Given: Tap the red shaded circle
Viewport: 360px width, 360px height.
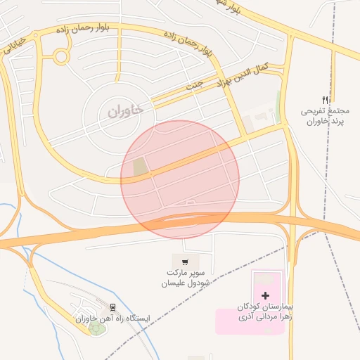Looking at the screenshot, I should pyautogui.click(x=180, y=179).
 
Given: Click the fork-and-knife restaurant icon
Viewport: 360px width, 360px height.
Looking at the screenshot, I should pyautogui.click(x=324, y=101).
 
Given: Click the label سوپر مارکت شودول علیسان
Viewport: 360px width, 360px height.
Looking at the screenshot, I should pyautogui.click(x=186, y=277).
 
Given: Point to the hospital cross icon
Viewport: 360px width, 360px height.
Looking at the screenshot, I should pyautogui.click(x=265, y=296).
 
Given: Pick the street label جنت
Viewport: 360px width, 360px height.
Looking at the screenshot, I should pyautogui.click(x=194, y=86).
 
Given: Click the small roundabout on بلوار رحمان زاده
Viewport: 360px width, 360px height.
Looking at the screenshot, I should pyautogui.click(x=61, y=56).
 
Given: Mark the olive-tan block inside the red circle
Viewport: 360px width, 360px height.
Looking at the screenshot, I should pyautogui.click(x=141, y=167).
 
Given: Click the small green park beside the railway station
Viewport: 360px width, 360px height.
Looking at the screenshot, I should pyautogui.click(x=94, y=328).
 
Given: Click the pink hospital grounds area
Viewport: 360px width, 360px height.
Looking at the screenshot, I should pyautogui.click(x=239, y=320).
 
